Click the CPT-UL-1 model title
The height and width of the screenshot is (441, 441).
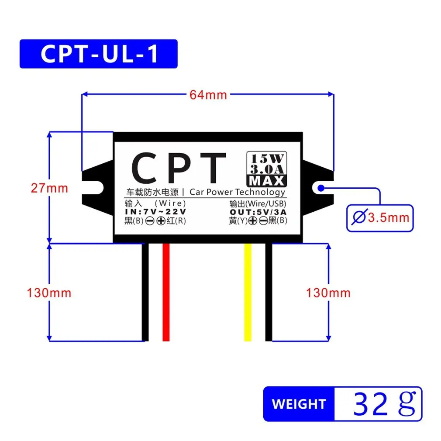(x=98, y=54)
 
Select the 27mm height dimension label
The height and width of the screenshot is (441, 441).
(x=49, y=188)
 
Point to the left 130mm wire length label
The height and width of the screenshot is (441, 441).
(x=49, y=292)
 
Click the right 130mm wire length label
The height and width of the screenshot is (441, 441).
(x=328, y=292)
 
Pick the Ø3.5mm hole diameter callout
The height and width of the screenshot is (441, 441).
(x=380, y=217)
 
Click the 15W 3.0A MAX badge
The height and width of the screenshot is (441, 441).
(x=266, y=169)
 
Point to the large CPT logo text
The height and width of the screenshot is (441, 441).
(x=179, y=169)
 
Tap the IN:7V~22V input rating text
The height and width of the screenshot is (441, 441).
(x=155, y=212)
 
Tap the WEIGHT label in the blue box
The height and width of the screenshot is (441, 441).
(x=299, y=404)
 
